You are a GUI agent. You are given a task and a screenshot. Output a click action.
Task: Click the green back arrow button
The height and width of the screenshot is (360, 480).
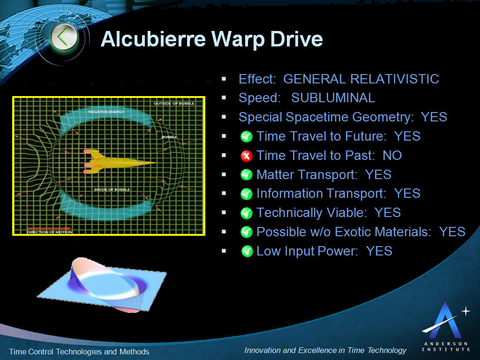tap(64, 37)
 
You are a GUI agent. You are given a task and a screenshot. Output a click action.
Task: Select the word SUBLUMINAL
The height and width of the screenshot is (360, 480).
tap(333, 98)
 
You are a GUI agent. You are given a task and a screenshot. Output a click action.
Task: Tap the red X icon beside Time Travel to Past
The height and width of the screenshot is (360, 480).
tap(247, 156)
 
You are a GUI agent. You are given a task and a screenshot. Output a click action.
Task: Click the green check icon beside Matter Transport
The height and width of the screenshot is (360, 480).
tap(247, 175)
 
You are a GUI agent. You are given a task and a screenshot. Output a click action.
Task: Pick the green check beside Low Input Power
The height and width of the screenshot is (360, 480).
tap(247, 251)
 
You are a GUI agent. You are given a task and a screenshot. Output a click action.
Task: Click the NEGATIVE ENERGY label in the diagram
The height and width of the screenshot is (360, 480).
tap(106, 112)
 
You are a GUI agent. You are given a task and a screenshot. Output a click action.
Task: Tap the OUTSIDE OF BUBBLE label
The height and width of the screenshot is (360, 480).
tap(174, 104)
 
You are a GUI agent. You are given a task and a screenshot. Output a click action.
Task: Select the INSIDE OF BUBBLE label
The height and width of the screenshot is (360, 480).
tap(112, 189)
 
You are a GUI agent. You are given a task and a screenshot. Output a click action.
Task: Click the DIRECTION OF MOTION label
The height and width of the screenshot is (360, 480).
tap(49, 232)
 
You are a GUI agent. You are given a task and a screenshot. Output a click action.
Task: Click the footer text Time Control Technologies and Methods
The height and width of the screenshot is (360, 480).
tap(79, 352)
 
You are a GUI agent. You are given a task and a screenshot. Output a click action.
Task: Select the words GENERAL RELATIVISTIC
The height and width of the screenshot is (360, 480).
tap(361, 79)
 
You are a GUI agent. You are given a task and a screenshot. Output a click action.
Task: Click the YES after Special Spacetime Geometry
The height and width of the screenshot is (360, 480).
tap(434, 117)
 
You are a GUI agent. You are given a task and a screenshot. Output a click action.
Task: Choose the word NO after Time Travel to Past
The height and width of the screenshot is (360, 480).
tap(392, 156)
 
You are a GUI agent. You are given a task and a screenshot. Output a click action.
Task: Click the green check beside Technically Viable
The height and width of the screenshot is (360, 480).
tap(247, 213)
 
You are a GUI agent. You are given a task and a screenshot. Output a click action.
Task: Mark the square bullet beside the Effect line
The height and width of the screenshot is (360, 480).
tap(224, 79)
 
